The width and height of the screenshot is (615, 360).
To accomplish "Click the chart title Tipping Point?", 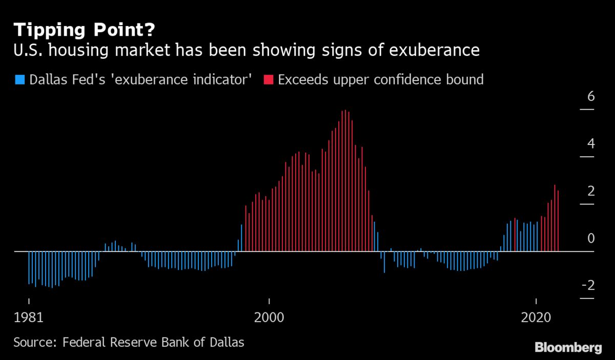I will pos(84,30).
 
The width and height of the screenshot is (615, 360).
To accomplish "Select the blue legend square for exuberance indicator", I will pos(20,80).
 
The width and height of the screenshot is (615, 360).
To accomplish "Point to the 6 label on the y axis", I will pos(591,96).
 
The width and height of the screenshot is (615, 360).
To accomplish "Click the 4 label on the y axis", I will pos(591,144).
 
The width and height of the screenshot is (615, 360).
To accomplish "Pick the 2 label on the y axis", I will pos(591,191).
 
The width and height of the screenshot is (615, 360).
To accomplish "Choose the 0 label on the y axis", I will pos(591,239).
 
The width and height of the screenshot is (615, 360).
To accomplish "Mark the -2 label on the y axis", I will pos(588,286).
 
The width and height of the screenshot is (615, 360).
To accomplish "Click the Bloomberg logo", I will pos(568,348).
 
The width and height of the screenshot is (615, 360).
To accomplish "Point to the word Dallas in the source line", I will pos(224,342).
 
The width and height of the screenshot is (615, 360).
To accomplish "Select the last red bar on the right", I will pos(558,221).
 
